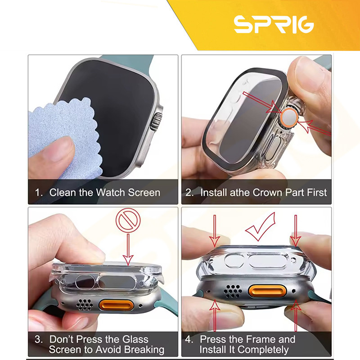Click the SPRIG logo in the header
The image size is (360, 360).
(274, 24)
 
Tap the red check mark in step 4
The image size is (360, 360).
(260, 227)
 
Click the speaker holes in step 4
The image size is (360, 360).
(233, 291)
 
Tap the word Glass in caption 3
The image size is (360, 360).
(135, 339)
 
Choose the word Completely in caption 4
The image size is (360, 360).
(263, 350)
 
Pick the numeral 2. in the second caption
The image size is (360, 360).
(189, 193)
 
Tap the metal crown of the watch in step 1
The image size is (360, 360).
(156, 121)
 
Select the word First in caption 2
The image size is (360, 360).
(317, 193)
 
